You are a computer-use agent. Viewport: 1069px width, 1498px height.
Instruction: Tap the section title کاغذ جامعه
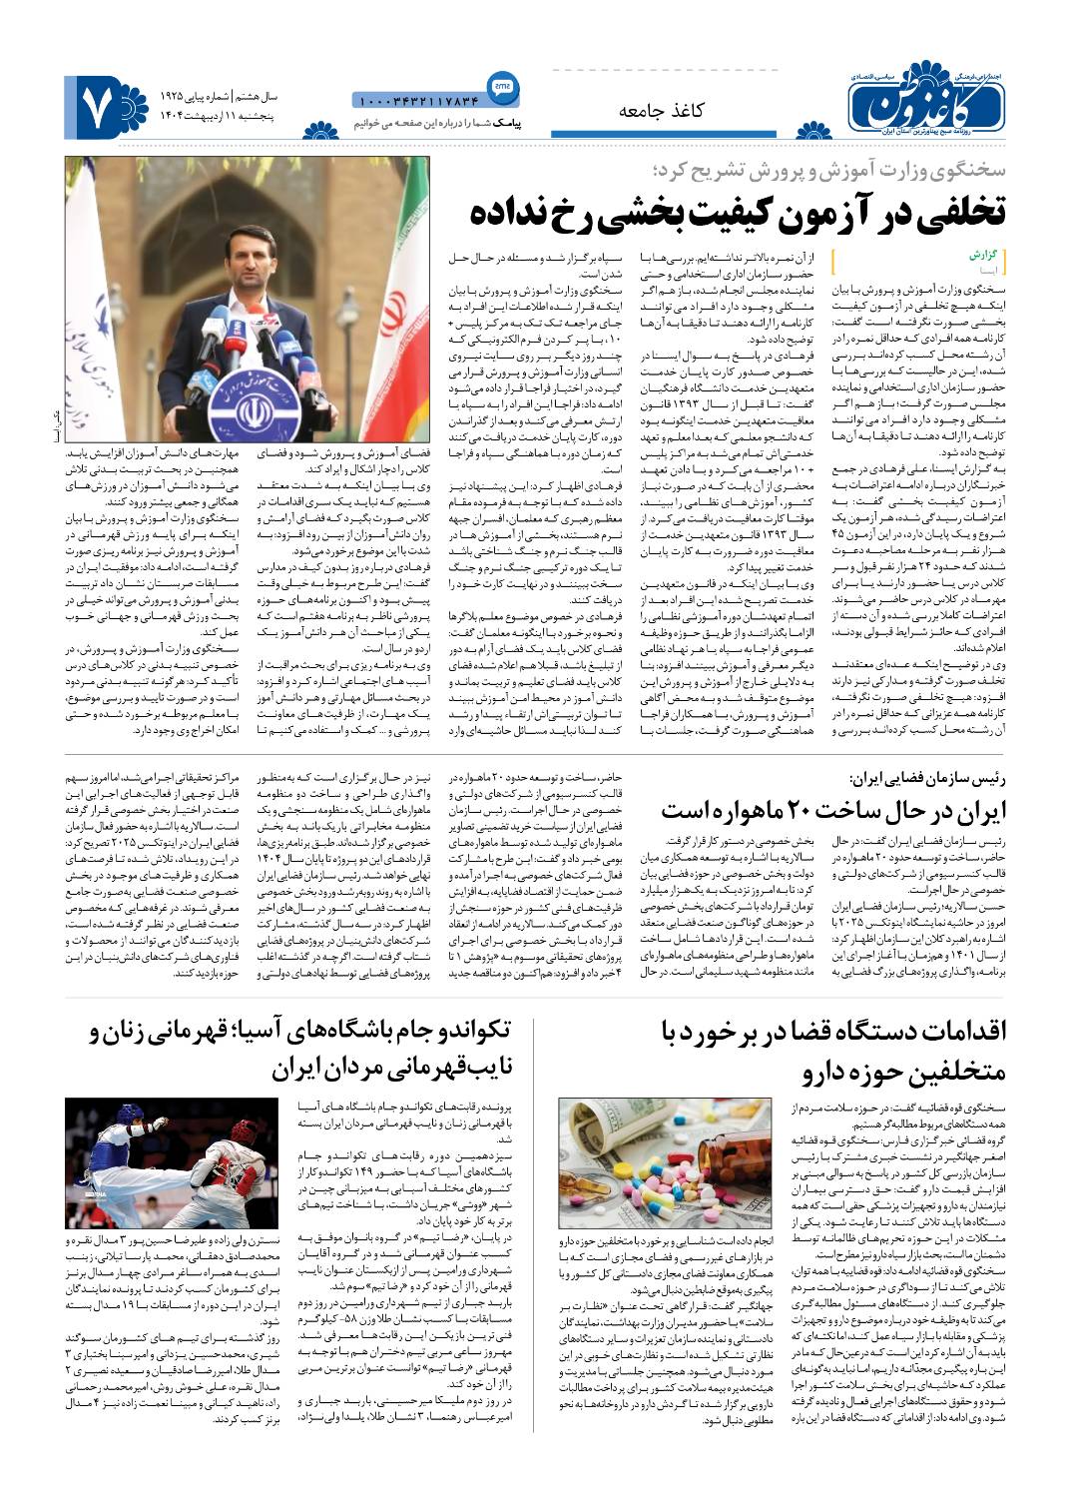662,110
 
